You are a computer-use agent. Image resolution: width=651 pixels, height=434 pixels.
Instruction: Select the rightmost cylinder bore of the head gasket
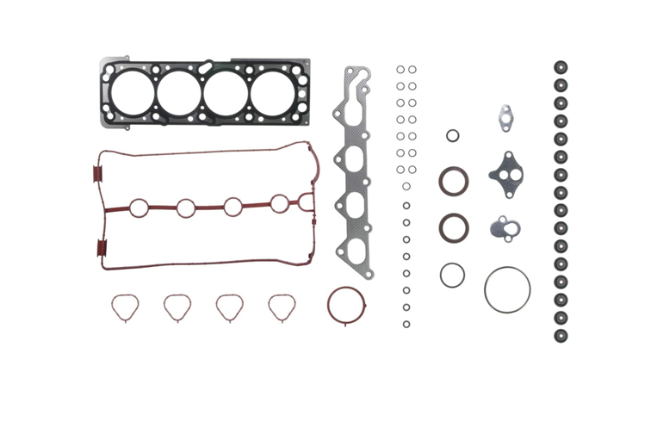pyautogui.click(x=272, y=90)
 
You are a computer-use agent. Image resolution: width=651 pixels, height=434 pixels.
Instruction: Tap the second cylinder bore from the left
pyautogui.click(x=178, y=90)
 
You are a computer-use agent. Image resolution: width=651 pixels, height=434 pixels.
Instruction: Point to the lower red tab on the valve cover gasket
pyautogui.click(x=101, y=251)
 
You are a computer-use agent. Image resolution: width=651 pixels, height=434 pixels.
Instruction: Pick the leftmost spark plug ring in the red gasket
pyautogui.click(x=139, y=208)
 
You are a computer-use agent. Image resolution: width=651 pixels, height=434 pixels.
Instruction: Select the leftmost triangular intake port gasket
pyautogui.click(x=124, y=307)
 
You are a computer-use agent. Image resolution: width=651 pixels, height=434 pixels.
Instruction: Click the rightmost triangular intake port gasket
pyautogui.click(x=282, y=307)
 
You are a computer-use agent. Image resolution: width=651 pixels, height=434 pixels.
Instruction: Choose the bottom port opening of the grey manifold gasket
pyautogui.click(x=355, y=250)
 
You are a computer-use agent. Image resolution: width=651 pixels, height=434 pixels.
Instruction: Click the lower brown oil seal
pyautogui.click(x=454, y=228)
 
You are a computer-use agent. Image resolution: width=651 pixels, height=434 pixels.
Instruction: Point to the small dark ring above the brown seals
pyautogui.click(x=452, y=135)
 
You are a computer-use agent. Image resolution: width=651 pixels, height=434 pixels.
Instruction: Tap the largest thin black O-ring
pyautogui.click(x=507, y=289)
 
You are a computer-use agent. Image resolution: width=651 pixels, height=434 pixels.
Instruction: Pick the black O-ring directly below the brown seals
pyautogui.click(x=452, y=276)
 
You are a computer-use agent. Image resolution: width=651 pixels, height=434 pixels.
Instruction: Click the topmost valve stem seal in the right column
pyautogui.click(x=561, y=66)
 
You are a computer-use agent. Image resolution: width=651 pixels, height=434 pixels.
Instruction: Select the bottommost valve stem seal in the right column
pyautogui.click(x=561, y=335)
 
